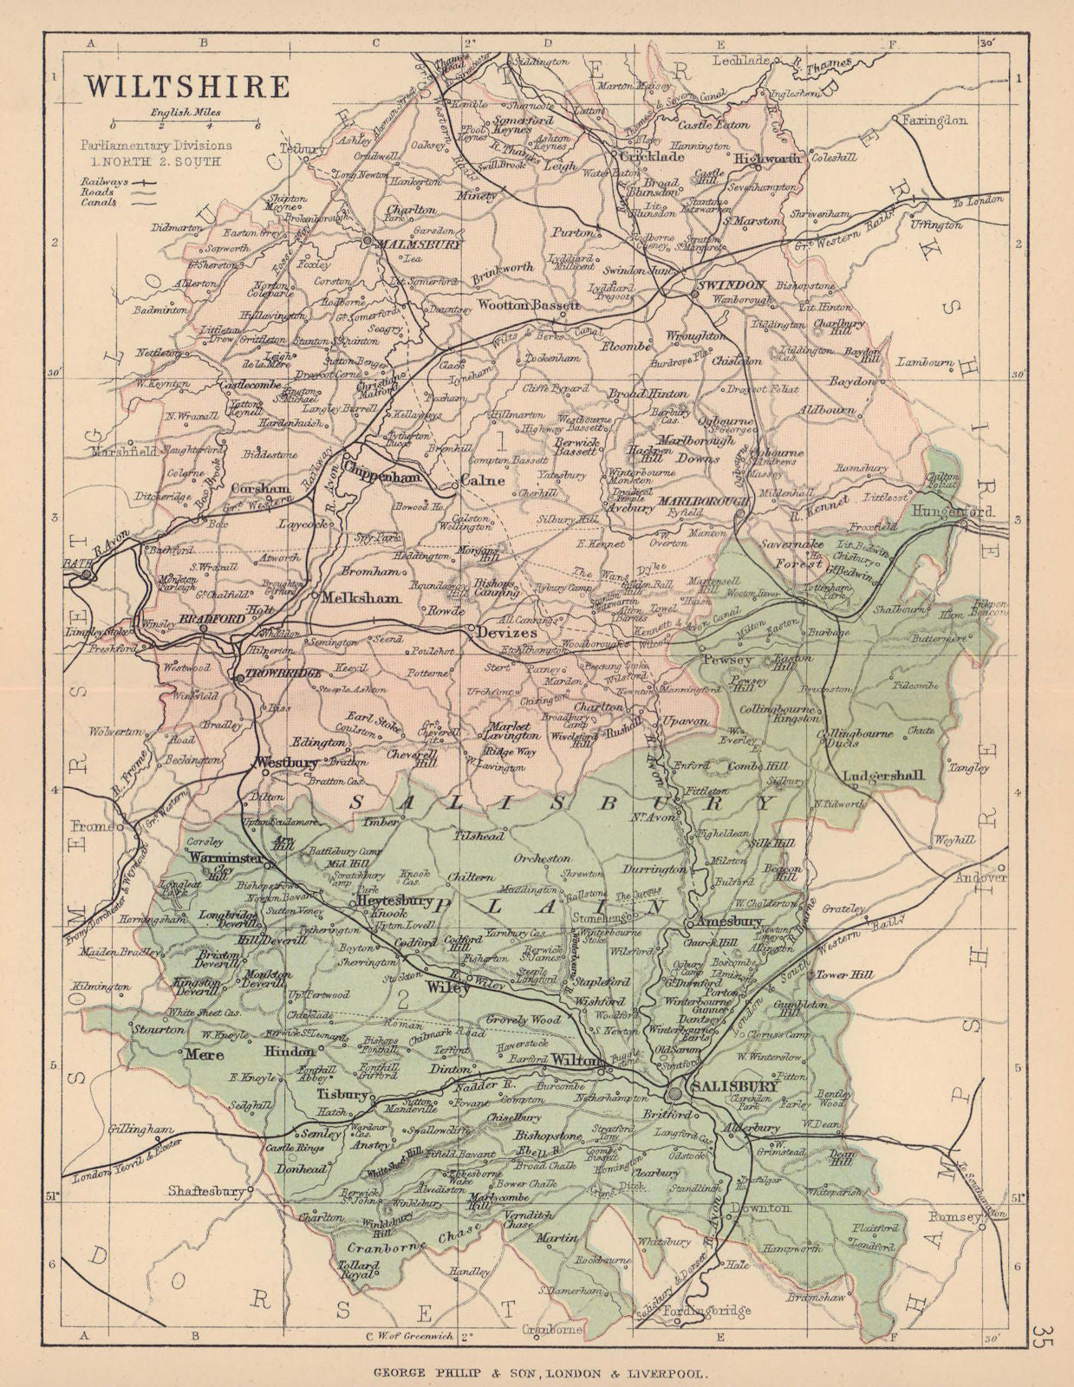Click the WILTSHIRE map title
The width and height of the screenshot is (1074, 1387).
pos(186,87)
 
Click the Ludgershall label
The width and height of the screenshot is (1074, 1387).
pos(882,775)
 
